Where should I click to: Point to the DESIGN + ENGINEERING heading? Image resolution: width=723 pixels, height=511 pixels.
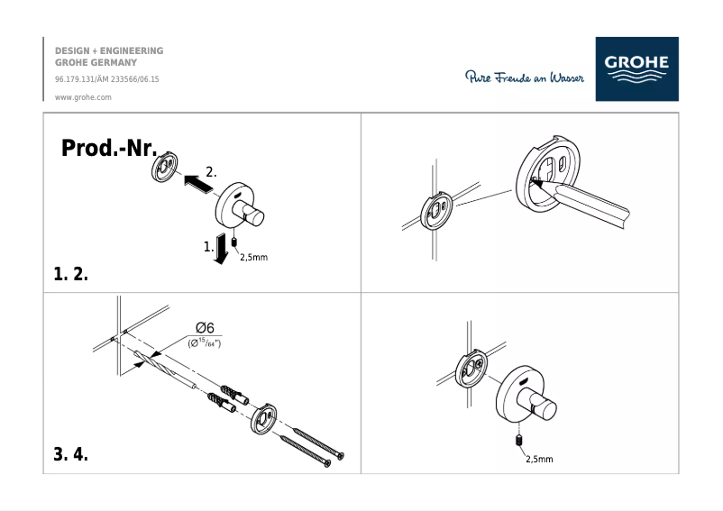click(x=109, y=51)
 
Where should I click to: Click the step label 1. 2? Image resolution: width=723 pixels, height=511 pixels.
click(x=71, y=275)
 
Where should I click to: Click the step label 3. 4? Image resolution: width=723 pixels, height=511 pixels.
click(x=71, y=454)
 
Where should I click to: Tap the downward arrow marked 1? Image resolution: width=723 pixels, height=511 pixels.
click(x=218, y=251)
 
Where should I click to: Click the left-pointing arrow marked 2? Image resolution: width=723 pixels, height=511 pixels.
click(x=198, y=182)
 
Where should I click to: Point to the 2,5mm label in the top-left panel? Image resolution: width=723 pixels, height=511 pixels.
click(x=253, y=257)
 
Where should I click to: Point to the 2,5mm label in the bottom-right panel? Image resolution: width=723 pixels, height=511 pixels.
click(x=539, y=459)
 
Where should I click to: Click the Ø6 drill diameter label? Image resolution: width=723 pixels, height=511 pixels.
click(x=204, y=328)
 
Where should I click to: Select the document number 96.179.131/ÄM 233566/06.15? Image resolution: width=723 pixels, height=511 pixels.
click(x=107, y=79)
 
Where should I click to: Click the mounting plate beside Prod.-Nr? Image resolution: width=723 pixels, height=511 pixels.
click(x=165, y=167)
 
